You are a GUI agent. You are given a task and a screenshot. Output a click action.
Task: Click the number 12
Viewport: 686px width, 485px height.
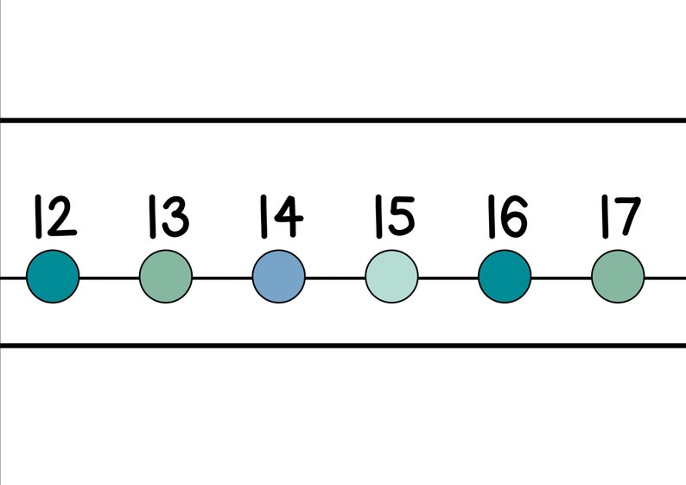pos(54,217)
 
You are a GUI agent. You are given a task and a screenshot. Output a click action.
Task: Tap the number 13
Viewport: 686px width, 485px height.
pos(167,217)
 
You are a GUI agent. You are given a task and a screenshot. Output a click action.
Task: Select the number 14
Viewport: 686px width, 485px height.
pos(280,217)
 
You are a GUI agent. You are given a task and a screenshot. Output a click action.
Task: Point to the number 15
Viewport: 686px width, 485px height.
pos(393,217)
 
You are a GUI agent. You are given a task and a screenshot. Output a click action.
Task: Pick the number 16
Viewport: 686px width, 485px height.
pos(505,217)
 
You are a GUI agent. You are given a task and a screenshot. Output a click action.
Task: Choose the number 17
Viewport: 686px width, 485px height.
pos(619,217)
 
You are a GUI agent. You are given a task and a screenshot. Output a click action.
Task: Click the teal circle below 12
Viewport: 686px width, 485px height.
pos(53,277)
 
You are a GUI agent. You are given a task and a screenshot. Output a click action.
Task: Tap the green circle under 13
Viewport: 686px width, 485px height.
pos(166,277)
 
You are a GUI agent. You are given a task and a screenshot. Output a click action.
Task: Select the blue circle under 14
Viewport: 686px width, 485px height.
pos(279,277)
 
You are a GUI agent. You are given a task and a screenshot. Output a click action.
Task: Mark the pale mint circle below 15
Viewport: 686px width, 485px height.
pos(391,277)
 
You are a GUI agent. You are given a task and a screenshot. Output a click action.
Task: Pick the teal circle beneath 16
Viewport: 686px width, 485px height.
pos(505,277)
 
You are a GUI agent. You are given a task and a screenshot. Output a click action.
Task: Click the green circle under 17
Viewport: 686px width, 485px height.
pos(618,277)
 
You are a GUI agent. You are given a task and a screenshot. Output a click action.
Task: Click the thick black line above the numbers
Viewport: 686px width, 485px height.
pos(343,120)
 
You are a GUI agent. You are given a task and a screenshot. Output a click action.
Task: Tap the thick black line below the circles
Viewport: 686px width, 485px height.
pos(343,346)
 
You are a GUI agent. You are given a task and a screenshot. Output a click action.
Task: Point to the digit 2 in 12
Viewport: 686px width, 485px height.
pos(61,218)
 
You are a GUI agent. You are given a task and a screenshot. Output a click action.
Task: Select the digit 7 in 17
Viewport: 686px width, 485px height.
pos(627,218)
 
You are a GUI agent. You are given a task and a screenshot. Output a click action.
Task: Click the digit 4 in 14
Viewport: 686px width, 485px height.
pos(288,218)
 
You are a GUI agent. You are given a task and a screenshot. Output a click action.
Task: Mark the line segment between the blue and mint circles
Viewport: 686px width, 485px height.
pos(335,278)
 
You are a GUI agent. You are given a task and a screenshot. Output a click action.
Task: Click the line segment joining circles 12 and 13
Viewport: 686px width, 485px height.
pos(110,278)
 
